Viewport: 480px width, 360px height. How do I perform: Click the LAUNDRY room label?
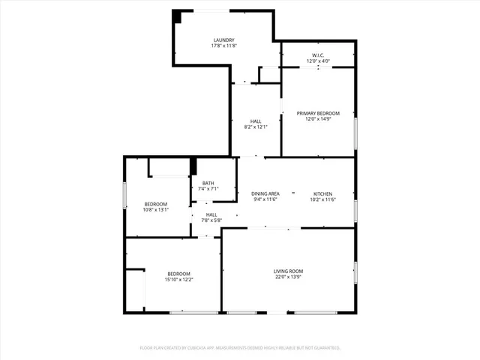(223, 40)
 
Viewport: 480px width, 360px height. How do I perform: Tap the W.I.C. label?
(318, 55)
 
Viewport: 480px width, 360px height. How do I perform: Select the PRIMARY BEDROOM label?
(318, 113)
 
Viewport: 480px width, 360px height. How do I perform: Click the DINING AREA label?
(265, 193)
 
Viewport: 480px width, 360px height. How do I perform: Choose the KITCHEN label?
(322, 193)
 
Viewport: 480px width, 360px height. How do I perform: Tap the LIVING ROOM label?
(288, 271)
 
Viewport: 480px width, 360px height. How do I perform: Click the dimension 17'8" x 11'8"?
(223, 46)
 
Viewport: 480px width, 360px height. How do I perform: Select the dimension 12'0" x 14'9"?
(318, 119)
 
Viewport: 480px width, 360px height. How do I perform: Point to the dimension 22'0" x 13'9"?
(288, 277)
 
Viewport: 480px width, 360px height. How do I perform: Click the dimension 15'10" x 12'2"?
(178, 280)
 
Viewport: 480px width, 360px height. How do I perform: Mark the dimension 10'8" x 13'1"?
(156, 210)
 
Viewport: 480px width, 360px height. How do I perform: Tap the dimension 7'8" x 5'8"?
(211, 220)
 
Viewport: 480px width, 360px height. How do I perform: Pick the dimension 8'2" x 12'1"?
(256, 127)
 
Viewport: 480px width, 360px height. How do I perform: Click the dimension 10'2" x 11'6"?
(322, 199)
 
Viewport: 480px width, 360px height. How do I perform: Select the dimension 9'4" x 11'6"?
(265, 199)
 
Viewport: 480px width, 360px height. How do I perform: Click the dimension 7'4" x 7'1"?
(208, 189)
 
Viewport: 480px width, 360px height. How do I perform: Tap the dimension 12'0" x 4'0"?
(318, 61)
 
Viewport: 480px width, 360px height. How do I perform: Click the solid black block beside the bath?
(193, 166)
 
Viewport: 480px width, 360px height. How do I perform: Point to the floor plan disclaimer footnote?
(240, 348)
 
